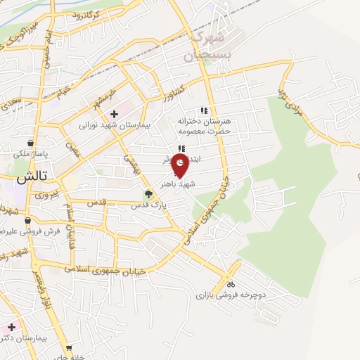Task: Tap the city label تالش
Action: (27, 180)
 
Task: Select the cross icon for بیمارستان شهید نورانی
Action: (113, 114)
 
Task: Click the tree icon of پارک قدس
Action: (148, 195)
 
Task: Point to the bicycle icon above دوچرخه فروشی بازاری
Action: (230, 285)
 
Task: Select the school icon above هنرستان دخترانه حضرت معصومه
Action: (204, 110)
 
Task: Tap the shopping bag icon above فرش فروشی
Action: (27, 220)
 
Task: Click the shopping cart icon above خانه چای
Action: (69, 348)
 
